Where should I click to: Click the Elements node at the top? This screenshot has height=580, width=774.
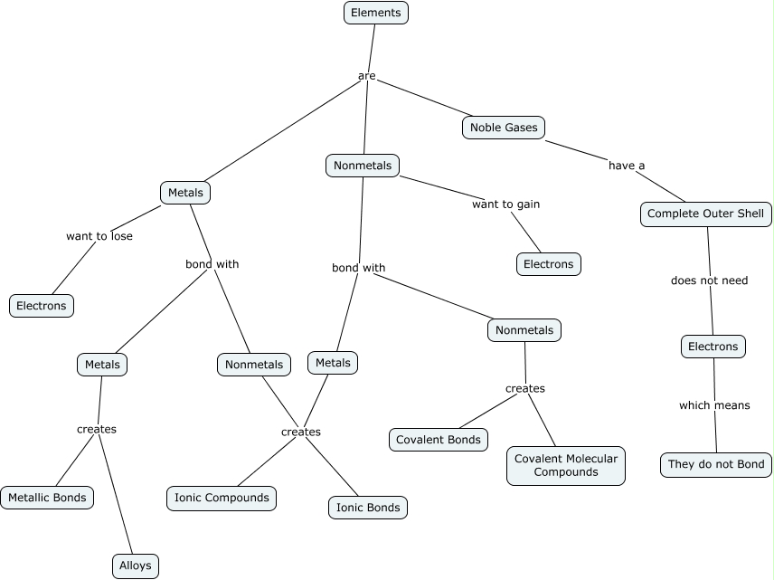pos(376,13)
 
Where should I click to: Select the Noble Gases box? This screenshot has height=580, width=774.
pos(504,128)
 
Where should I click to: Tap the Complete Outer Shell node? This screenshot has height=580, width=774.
pos(706,214)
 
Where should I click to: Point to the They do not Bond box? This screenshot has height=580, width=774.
pos(716,465)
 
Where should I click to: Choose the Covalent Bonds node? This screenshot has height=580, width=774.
pos(439,440)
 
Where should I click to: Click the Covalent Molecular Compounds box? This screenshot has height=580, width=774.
pos(566,465)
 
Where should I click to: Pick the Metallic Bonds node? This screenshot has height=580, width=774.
pos(46,497)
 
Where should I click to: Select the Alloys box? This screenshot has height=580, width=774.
pos(136,566)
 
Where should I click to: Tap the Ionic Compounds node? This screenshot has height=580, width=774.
pos(222,498)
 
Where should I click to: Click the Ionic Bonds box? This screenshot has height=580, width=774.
pos(368,508)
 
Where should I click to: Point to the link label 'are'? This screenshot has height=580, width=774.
pos(366,76)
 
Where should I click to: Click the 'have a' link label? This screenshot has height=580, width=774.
pos(627,166)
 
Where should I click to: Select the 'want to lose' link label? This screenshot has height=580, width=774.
pos(99,236)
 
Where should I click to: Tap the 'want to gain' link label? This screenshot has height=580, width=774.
pos(505,204)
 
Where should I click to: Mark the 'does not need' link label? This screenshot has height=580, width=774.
pos(709,280)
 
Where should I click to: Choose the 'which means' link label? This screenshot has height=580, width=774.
pos(714,405)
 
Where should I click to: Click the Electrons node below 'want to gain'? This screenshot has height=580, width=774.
pos(549,264)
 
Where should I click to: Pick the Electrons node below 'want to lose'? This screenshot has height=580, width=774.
pos(42,306)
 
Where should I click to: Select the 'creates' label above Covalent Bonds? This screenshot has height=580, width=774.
pos(525,388)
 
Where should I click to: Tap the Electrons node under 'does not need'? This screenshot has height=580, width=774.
pos(713,347)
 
